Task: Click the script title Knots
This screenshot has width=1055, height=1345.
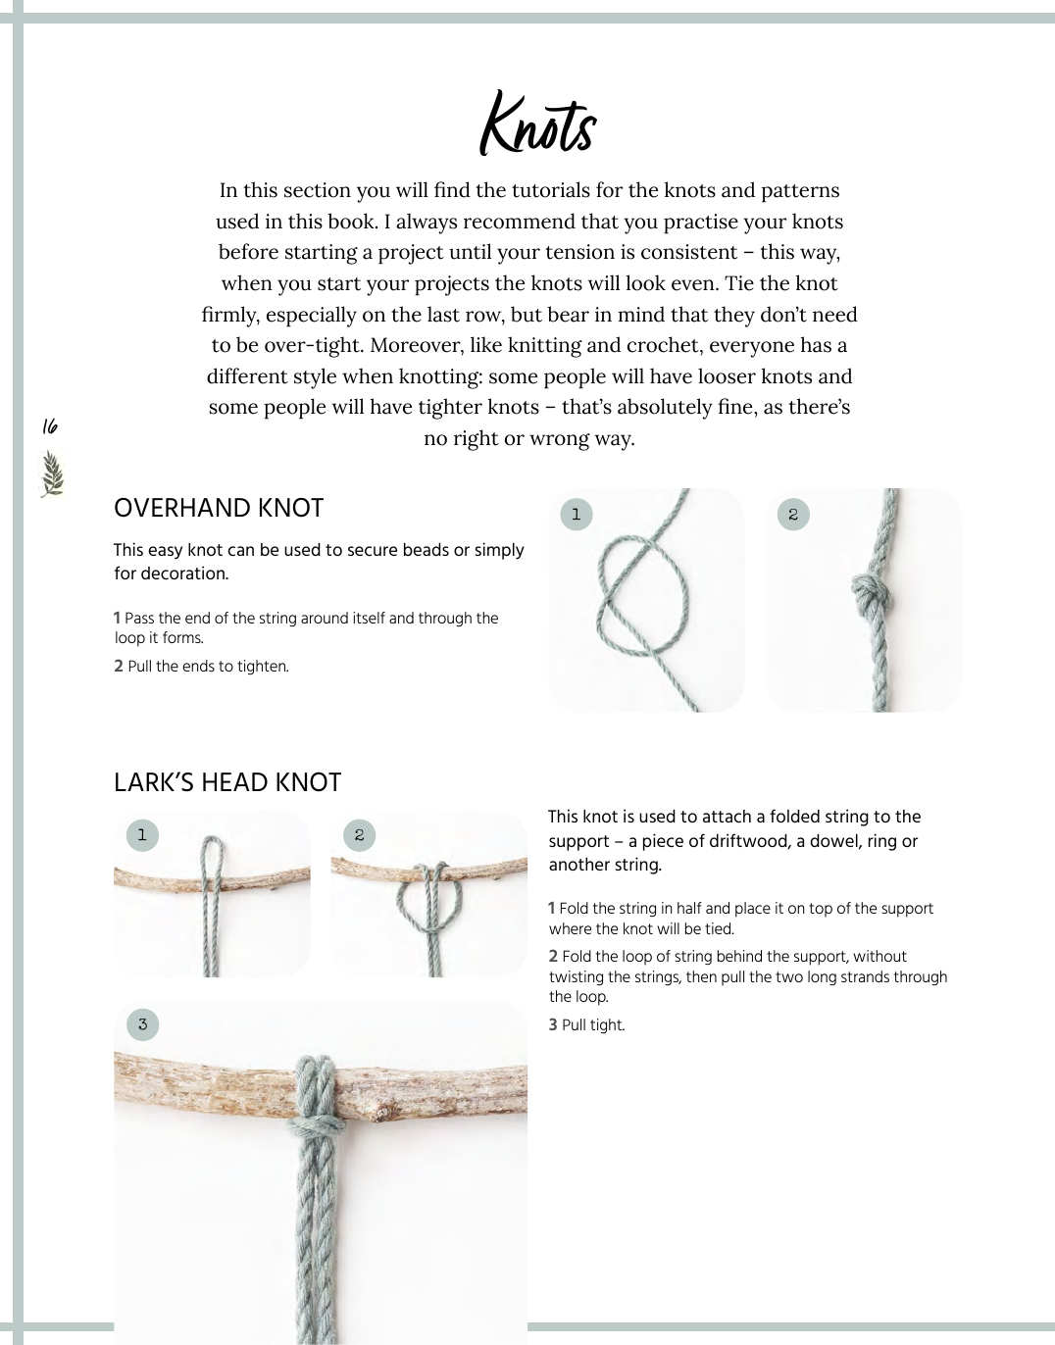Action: tap(537, 125)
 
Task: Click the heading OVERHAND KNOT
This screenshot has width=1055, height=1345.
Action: tap(219, 508)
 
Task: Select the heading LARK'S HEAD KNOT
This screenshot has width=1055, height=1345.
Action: tap(227, 782)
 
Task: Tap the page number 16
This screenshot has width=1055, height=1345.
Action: tap(50, 426)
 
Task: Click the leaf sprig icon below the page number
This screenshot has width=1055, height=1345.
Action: tap(52, 473)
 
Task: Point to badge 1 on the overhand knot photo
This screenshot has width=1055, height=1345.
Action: tap(576, 514)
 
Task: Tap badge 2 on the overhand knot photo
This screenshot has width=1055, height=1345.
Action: tap(793, 514)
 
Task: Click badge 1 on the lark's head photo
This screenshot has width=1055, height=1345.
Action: tap(142, 835)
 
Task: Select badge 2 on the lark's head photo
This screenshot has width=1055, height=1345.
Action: tap(360, 835)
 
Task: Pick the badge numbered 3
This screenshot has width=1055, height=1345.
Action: tap(142, 1024)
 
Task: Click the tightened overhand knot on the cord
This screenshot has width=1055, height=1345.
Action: tap(867, 593)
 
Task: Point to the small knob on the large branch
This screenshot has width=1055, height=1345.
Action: tap(382, 1114)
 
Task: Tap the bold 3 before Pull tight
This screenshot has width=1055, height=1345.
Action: tap(553, 1025)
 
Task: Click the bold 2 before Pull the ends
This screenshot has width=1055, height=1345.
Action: tap(119, 667)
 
